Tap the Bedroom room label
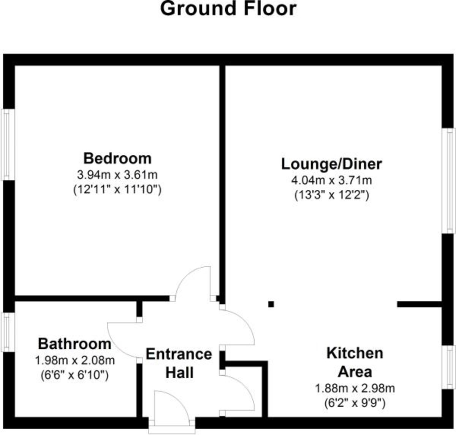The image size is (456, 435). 117,158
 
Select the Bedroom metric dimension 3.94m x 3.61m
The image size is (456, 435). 117,175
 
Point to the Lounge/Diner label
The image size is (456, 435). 331,164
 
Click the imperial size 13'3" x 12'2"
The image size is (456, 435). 331,195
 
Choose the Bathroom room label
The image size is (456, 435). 74,344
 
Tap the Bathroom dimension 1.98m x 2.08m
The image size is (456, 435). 74,360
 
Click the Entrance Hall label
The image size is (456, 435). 179,363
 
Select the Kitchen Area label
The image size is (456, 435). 355,362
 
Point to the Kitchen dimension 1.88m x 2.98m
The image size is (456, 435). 355,389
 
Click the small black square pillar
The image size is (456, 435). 271,304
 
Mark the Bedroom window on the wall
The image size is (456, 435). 6,144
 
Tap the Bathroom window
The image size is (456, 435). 6,332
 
